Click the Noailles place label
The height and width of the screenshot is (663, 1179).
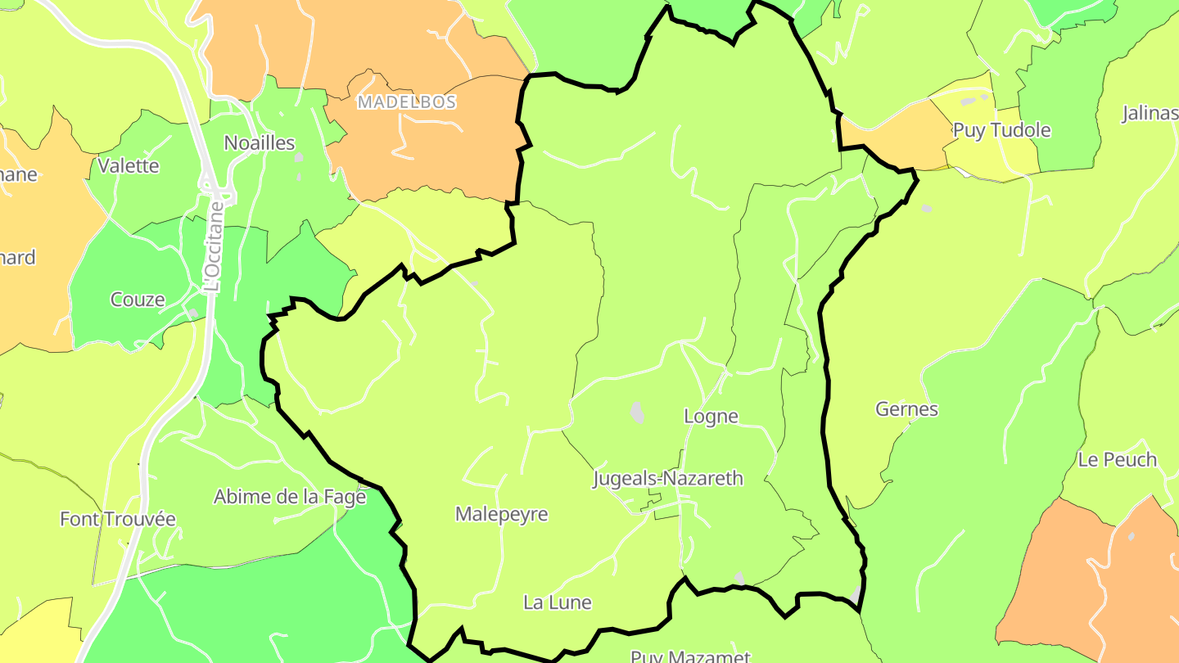click(259, 143)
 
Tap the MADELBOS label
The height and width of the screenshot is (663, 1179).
click(406, 102)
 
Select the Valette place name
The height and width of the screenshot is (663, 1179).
click(129, 165)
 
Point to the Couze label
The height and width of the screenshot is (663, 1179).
click(138, 300)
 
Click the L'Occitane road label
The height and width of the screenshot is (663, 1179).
click(214, 246)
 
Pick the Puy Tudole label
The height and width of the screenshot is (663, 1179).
click(1001, 130)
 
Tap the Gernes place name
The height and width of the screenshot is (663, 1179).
click(906, 409)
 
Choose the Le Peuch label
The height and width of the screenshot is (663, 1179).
click(1117, 460)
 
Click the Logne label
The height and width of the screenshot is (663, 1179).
click(711, 417)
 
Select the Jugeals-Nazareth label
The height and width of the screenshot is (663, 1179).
click(668, 479)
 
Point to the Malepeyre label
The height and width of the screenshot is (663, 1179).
click(501, 515)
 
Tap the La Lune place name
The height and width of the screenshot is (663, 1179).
click(557, 603)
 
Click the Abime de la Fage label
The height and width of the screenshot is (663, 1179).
click(289, 497)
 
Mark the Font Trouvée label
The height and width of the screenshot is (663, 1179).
click(118, 519)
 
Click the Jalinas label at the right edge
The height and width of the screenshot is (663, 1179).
click(1150, 113)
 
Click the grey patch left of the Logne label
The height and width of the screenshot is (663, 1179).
click(637, 412)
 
